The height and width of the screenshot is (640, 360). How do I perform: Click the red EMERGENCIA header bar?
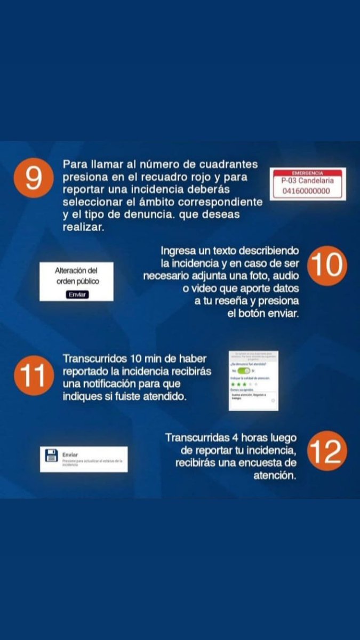click(308, 172)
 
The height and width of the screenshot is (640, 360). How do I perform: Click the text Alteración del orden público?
click(77, 276)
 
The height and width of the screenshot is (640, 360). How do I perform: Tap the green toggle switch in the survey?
click(244, 370)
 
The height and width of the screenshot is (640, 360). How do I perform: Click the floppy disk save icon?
click(52, 457)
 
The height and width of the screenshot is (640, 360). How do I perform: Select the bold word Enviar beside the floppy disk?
click(70, 454)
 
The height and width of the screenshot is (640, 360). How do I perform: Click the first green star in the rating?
click(233, 383)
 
